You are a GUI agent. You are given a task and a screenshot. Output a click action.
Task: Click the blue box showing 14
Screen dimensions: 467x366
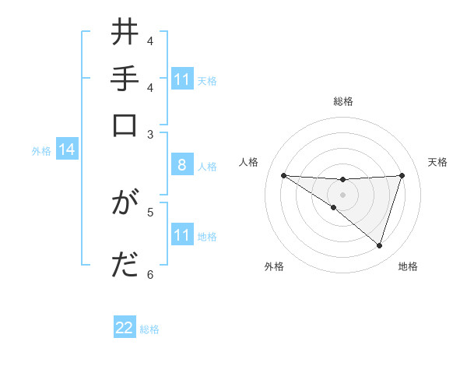[67, 150]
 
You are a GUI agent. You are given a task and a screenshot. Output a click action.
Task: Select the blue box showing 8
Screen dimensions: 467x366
[182, 165]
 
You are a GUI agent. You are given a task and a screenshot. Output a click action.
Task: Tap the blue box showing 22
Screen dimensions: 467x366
[125, 328]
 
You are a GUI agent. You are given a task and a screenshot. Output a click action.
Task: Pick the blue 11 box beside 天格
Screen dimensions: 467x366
[182, 79]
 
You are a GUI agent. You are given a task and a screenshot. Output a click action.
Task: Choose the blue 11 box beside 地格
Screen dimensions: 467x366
[182, 235]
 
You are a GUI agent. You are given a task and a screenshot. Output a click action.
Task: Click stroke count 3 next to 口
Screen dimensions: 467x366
[150, 134]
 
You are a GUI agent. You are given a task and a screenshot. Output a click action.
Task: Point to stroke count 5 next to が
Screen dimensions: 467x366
[150, 211]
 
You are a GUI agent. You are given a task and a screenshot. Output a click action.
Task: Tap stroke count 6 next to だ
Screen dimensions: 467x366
[150, 273]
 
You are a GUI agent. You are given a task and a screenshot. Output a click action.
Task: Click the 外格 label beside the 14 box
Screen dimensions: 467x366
[41, 150]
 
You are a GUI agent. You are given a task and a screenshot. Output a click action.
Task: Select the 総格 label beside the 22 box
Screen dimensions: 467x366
[149, 329]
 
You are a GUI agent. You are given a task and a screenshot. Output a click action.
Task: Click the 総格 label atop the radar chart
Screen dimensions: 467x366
[342, 101]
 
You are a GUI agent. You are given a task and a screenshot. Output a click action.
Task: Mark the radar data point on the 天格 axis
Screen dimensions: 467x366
[402, 175]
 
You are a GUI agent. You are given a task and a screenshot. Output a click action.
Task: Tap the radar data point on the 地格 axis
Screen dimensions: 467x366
[379, 245]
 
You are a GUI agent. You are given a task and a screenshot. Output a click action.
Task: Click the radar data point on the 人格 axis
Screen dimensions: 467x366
[283, 175]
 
